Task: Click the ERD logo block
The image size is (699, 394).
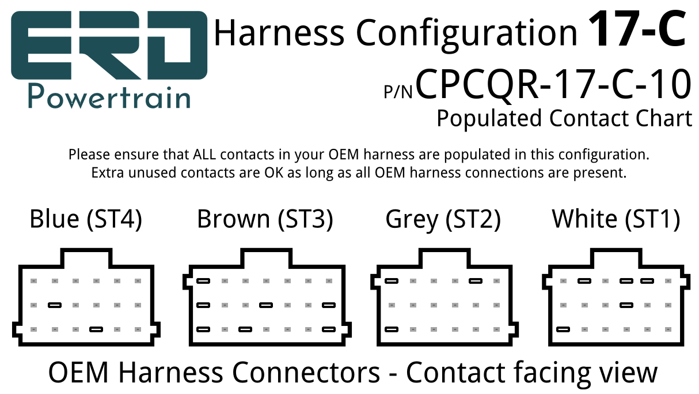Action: coord(109,46)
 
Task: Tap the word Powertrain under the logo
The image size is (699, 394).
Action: coord(109,97)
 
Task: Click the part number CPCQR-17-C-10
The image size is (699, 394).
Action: coord(553,84)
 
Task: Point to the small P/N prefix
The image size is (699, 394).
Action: coord(398,92)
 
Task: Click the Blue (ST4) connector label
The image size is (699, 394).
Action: coord(86,219)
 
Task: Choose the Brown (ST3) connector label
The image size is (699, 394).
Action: coord(265,219)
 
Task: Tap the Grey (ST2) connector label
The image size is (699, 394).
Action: coord(443,220)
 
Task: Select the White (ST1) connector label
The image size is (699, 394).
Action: coord(616,219)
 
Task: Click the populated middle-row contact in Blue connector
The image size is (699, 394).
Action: coord(55,305)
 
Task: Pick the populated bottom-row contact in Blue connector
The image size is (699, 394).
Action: coord(96,329)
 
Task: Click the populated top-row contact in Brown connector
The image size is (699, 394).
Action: coord(203,281)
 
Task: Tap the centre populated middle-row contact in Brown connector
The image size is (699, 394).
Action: coord(266,305)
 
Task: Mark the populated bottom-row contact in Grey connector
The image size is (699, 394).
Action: coord(392,329)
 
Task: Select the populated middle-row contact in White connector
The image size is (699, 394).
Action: coord(626,305)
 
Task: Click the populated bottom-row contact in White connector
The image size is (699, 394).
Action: coord(563,329)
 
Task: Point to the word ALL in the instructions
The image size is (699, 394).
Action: coord(204,155)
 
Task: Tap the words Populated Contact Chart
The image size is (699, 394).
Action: coord(564,118)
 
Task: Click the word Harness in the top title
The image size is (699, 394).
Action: coord(280,33)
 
